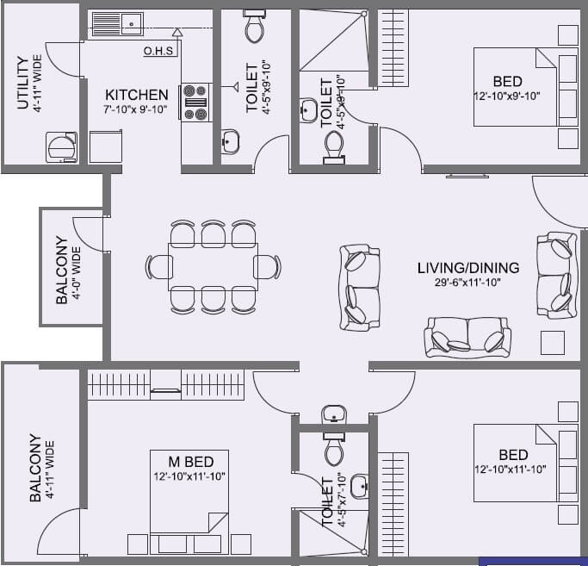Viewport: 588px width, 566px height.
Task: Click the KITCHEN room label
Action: coord(137,95)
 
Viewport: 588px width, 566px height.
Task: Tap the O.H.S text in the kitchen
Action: coord(159,51)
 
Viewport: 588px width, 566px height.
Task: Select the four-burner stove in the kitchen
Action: coord(195,101)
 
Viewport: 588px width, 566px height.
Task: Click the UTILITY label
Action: coord(22,83)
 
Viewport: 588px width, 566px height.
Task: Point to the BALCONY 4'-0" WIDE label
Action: coord(67,270)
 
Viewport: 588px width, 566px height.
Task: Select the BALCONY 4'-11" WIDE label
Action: coord(41,468)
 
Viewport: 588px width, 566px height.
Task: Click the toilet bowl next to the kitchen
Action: coord(255,28)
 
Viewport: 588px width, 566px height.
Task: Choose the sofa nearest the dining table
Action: coord(360,287)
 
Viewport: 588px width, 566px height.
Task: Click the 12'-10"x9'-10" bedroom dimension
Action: coord(508,96)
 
